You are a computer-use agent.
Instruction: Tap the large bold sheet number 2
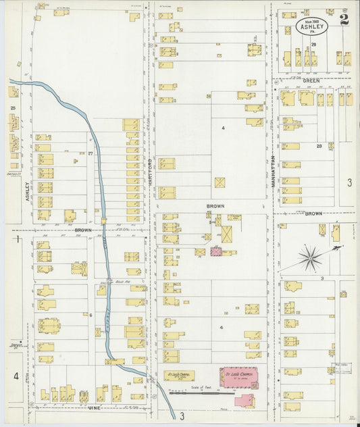click(345, 20)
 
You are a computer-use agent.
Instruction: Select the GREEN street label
click(311, 80)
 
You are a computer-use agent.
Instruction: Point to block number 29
click(313, 45)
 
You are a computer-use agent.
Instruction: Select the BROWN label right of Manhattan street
click(313, 214)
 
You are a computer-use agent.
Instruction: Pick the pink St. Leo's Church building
click(239, 375)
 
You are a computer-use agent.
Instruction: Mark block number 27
click(90, 155)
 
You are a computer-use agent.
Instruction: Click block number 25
click(12, 107)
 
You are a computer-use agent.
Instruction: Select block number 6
click(90, 315)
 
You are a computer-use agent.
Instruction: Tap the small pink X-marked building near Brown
click(216, 251)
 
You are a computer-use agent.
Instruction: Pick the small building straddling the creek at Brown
click(104, 220)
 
